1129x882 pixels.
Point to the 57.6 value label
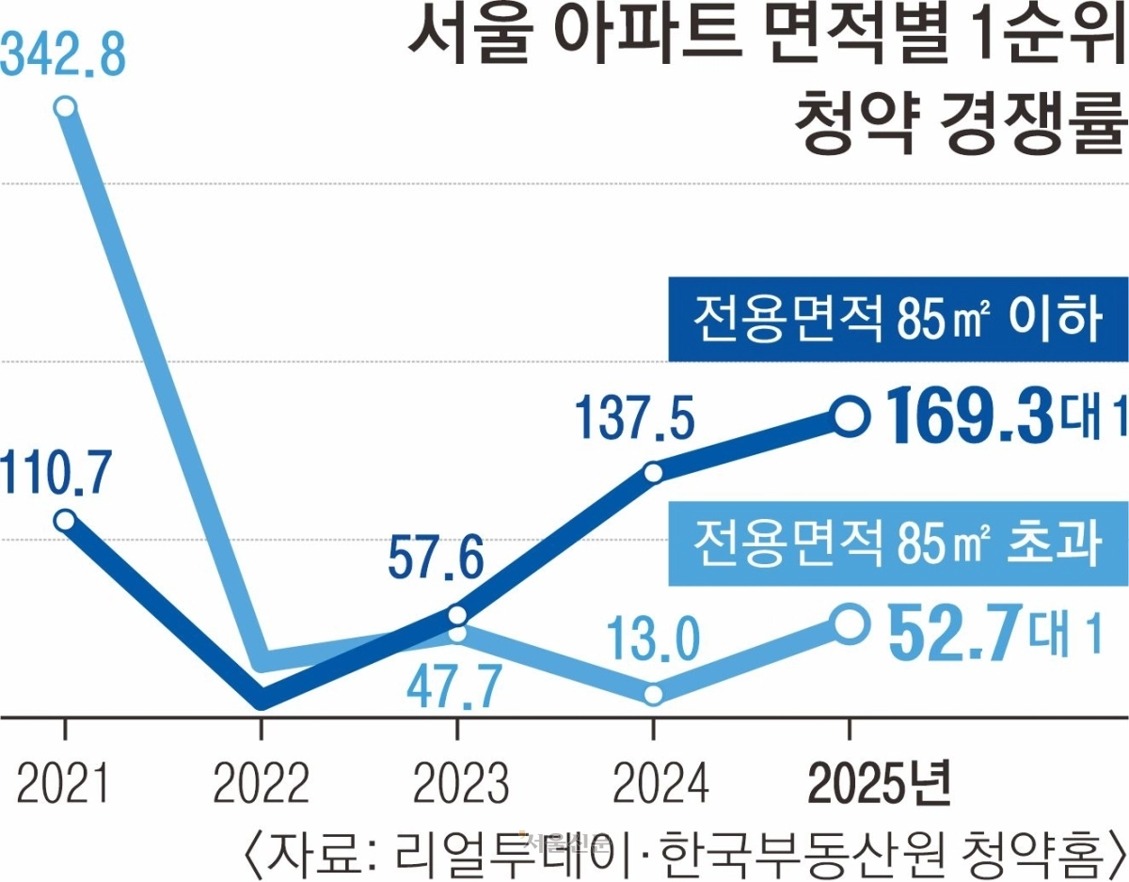click(x=436, y=561)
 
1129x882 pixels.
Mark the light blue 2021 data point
click(x=64, y=107)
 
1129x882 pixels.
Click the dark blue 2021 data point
click(x=64, y=520)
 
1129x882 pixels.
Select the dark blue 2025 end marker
click(x=849, y=416)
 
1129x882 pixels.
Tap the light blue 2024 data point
click(x=654, y=695)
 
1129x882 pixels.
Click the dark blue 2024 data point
click(x=654, y=471)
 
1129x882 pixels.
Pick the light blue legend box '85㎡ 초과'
click(x=898, y=543)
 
